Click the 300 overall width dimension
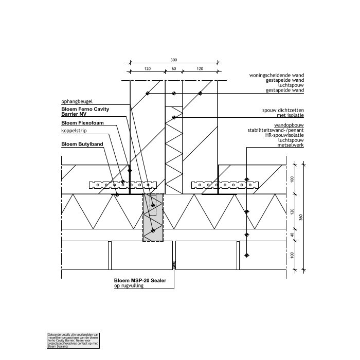coord(173,60)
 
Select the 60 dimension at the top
coord(173,68)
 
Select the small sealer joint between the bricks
coord(174,265)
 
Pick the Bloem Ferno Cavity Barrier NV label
coord(85,112)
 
